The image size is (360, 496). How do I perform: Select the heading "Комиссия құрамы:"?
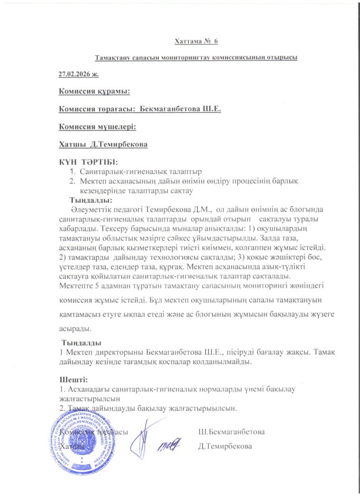94,91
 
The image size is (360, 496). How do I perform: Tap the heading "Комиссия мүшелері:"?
97,126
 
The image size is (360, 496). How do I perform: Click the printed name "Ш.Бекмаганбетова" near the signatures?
231,432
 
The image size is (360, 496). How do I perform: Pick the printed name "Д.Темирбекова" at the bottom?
225,447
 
